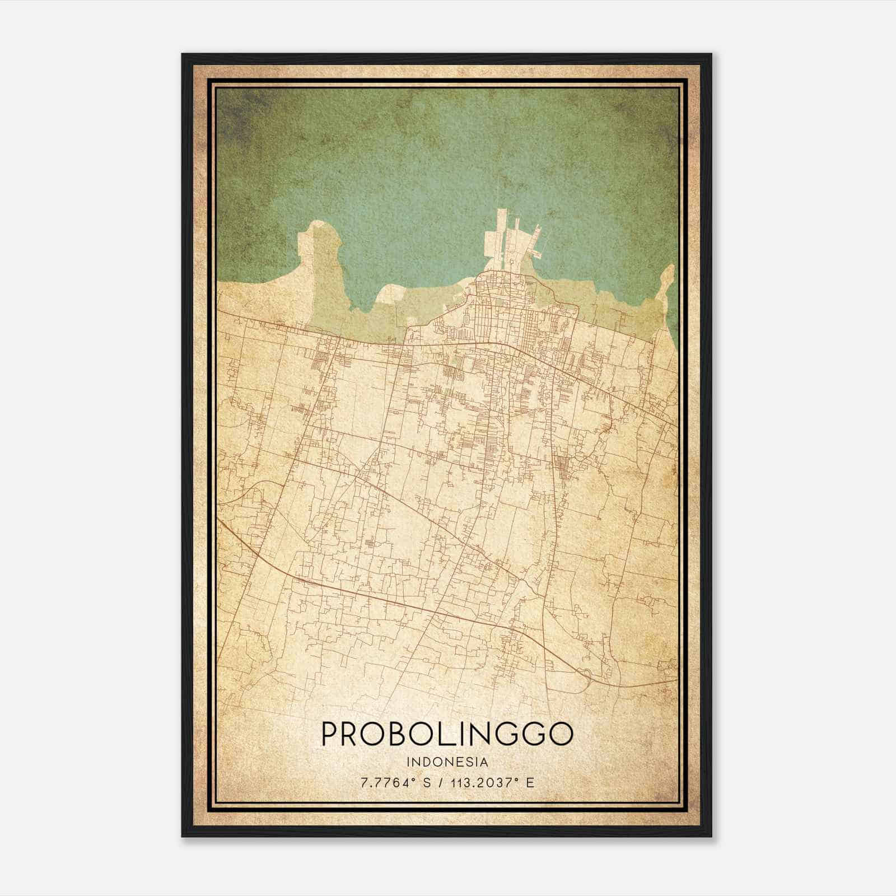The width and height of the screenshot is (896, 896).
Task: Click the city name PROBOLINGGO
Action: tap(447, 734)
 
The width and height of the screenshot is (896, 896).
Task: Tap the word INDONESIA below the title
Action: tap(447, 762)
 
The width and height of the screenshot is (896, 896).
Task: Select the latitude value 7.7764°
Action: tap(386, 782)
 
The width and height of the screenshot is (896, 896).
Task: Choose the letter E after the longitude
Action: tap(530, 782)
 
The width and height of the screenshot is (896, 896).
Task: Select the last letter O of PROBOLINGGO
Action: tap(561, 734)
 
